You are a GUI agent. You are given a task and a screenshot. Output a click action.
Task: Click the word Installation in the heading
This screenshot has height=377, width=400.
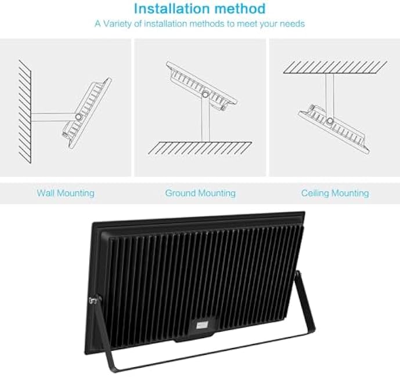[x=167, y=9]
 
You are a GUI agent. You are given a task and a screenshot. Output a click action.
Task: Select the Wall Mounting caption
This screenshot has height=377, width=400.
[x=66, y=193]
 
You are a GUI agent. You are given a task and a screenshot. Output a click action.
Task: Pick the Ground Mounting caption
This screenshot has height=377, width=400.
[x=200, y=193]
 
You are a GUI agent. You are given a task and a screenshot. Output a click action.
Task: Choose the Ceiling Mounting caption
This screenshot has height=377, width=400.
[x=334, y=193]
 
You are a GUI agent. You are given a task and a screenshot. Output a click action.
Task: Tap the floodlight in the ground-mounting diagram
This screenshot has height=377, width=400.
[x=201, y=84]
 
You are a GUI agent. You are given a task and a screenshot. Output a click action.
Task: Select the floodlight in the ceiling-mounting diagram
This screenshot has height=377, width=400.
[x=334, y=125]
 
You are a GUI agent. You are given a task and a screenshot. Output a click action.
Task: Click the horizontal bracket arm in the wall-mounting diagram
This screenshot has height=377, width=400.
[x=52, y=116]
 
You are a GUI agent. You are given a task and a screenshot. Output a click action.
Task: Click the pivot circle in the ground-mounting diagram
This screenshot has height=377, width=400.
[x=206, y=93]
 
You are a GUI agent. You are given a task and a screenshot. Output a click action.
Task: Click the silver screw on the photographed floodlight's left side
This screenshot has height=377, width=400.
[x=92, y=300]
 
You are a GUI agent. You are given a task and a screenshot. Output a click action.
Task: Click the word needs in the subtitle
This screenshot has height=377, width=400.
[x=293, y=24]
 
